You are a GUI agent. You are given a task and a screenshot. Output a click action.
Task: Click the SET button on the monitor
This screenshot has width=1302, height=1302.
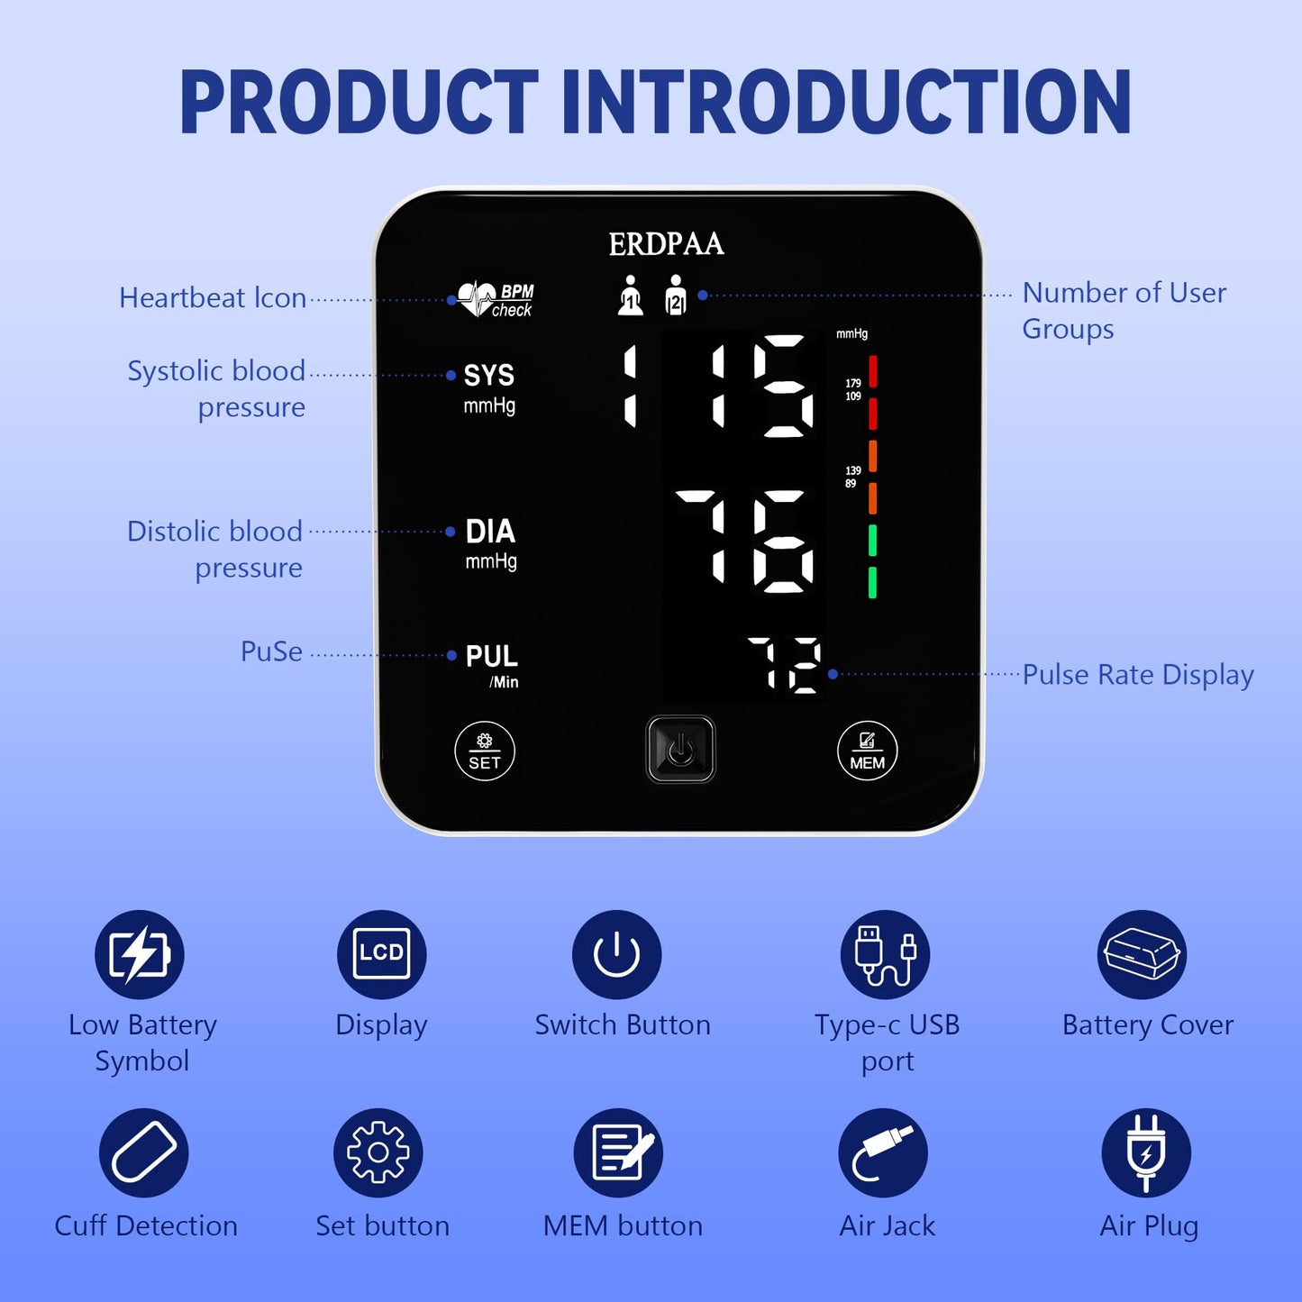(x=485, y=751)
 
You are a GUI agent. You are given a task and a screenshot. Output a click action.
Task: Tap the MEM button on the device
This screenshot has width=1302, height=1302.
(x=867, y=751)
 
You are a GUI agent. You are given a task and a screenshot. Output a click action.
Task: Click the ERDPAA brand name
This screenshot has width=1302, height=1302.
(x=666, y=244)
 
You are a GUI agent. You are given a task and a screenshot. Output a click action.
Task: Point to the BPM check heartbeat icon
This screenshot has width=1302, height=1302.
(x=495, y=299)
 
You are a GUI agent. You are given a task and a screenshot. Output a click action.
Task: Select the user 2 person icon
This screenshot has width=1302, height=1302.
(x=675, y=296)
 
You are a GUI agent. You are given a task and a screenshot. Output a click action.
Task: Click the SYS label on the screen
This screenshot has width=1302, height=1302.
(x=488, y=376)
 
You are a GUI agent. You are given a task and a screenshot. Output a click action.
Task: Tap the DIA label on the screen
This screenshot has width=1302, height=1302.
(x=490, y=532)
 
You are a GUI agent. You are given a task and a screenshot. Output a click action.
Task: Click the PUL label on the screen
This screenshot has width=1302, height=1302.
(x=491, y=656)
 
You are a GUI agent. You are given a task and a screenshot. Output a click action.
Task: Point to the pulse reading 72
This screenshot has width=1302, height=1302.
(x=785, y=666)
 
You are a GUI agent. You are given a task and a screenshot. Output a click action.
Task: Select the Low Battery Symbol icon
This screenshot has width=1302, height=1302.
(x=140, y=954)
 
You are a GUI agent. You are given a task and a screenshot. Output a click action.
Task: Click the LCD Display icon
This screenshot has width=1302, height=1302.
(x=382, y=954)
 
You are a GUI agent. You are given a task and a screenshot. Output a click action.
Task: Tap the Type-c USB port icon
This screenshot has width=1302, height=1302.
(x=886, y=954)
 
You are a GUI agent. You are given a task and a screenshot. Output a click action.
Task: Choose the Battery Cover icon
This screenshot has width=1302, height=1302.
(x=1142, y=954)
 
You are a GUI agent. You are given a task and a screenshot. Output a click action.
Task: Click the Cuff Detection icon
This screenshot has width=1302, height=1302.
(x=144, y=1152)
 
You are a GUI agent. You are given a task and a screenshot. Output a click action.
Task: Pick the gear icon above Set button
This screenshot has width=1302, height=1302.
(x=378, y=1152)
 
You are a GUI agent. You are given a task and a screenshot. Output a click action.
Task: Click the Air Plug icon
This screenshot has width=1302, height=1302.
(x=1146, y=1152)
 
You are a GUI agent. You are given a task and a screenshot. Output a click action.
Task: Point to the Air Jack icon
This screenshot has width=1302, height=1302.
(x=883, y=1152)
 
